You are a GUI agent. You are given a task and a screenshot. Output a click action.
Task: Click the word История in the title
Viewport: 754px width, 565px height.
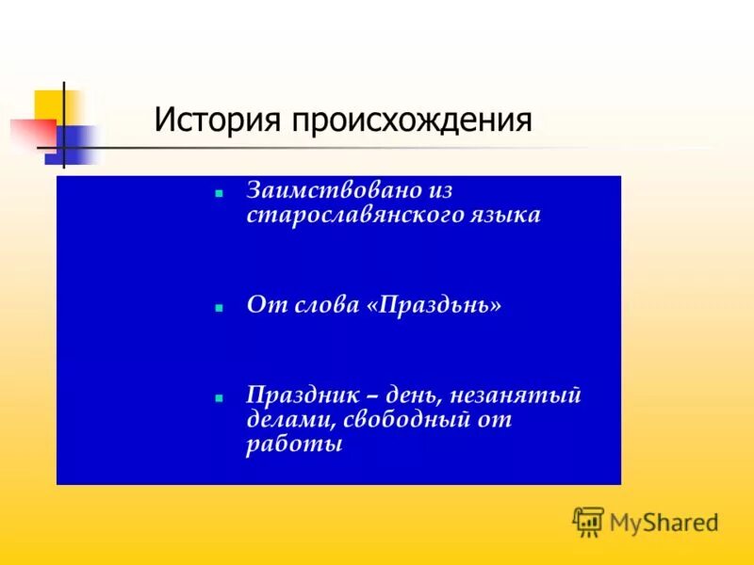click(220, 121)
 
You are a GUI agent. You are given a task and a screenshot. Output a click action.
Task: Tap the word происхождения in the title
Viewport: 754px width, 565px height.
click(412, 121)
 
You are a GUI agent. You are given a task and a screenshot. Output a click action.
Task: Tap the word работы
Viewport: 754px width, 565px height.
click(294, 444)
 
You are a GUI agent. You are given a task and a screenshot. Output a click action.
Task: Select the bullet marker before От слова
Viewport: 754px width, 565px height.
click(218, 308)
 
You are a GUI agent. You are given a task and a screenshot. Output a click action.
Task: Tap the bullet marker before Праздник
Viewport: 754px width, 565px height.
click(218, 397)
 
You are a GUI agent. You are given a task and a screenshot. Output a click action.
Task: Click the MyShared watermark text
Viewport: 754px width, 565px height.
click(664, 522)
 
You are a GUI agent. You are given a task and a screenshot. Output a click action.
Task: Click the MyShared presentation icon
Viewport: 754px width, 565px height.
click(588, 522)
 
